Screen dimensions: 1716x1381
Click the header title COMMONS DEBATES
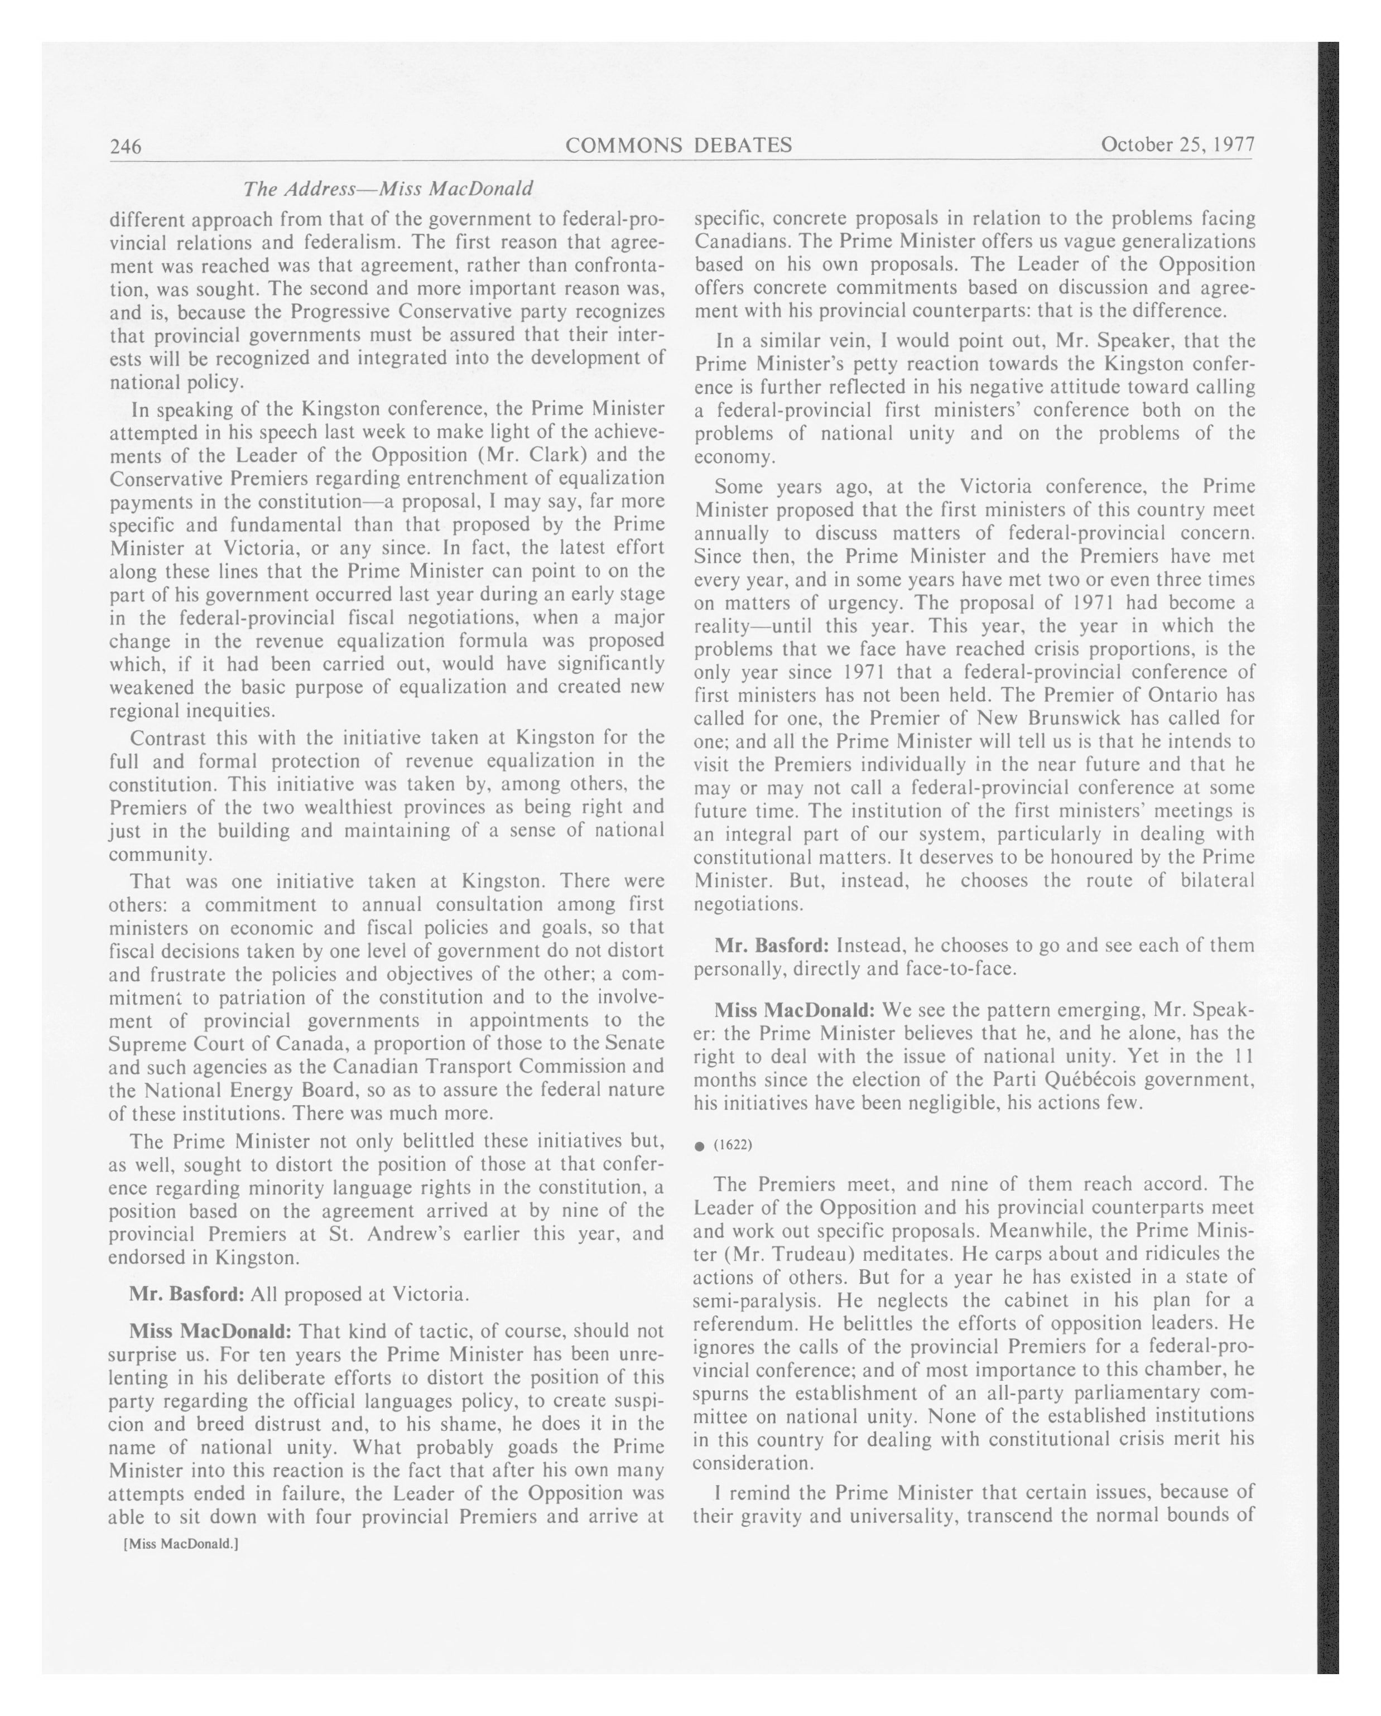click(x=678, y=145)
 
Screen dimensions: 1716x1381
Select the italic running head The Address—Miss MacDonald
click(x=388, y=189)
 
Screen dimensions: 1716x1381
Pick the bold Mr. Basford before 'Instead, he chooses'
click(x=771, y=946)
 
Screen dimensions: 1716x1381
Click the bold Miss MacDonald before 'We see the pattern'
click(x=795, y=1010)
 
